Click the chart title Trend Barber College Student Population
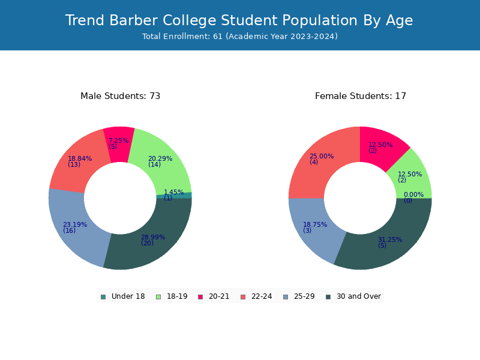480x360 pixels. (211, 20)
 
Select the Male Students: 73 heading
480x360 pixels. (121, 96)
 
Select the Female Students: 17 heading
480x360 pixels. (361, 96)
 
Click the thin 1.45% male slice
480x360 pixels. (175, 196)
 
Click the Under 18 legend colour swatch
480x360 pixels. (103, 296)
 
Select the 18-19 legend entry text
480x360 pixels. (177, 296)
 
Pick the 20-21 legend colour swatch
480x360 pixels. (200, 296)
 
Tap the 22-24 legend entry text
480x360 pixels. (262, 296)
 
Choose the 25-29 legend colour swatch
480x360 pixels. (286, 296)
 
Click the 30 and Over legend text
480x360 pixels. (359, 296)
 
